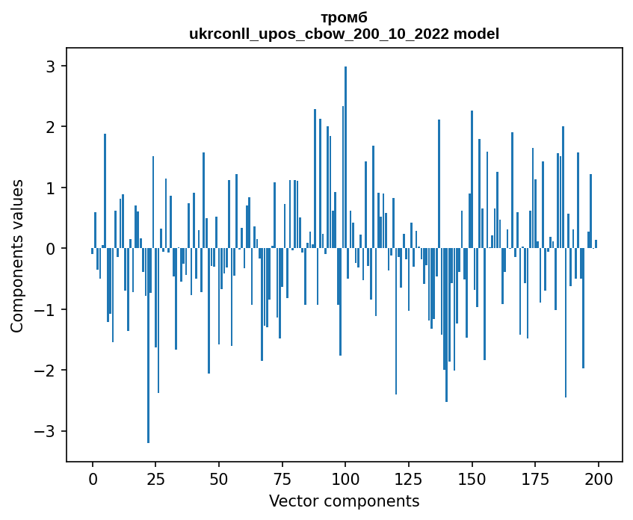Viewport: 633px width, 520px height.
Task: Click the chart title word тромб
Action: coord(344,17)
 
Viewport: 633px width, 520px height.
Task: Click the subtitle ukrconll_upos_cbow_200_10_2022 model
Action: coord(344,34)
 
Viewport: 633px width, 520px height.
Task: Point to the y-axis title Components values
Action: coord(17,256)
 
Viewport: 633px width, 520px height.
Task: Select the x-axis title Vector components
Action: coord(344,501)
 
